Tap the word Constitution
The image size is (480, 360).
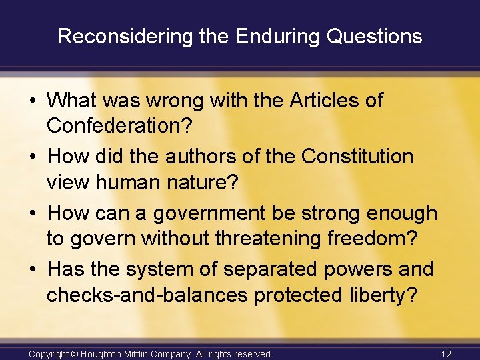click(357, 157)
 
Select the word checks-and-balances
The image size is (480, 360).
click(147, 295)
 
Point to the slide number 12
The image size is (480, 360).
click(446, 354)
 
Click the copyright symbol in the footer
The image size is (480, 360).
click(76, 354)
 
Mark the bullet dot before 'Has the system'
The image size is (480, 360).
click(33, 270)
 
